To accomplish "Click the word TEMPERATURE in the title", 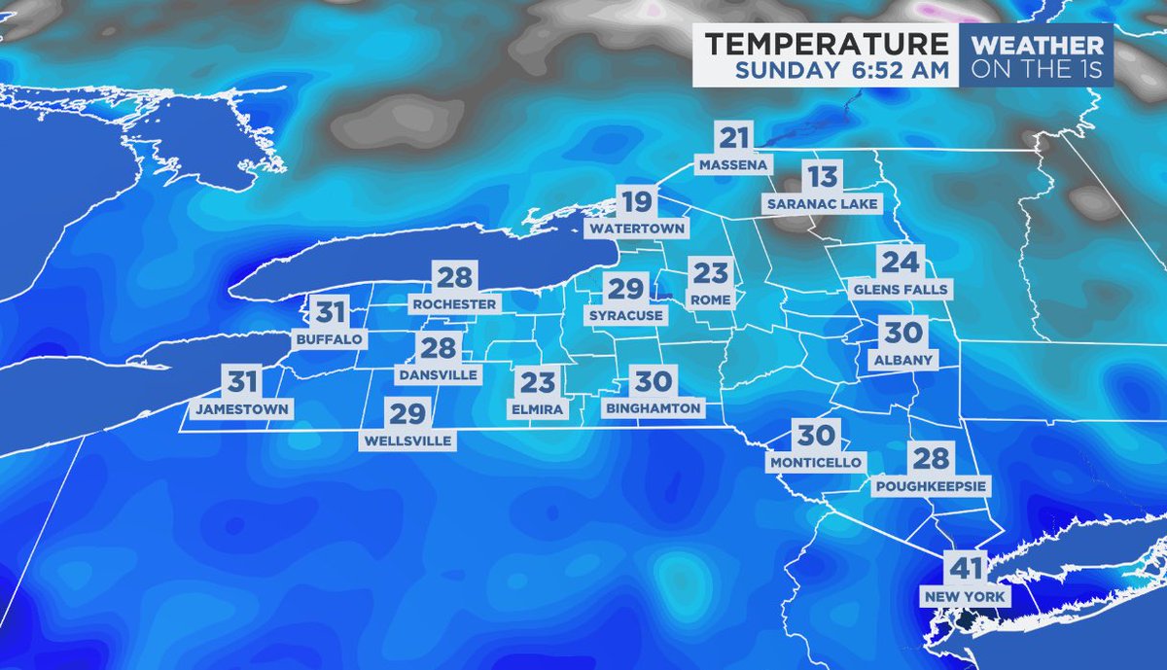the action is (826, 44).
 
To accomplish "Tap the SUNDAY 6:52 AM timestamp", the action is (841, 70).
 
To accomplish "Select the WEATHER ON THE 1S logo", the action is (1037, 56).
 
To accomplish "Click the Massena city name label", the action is (735, 165).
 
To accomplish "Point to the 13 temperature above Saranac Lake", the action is (822, 177).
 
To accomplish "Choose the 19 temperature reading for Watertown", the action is (637, 203).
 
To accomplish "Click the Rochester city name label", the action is (454, 304).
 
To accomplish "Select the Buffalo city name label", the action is (328, 339).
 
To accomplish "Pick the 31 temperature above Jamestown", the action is (242, 382).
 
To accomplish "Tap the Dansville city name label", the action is (439, 374).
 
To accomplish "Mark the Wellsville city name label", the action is (407, 441).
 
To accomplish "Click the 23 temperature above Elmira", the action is (537, 382).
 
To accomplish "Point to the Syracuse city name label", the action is (626, 316).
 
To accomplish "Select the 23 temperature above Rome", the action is (710, 271).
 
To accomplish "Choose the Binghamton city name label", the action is (654, 408).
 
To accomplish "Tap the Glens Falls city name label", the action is (900, 290).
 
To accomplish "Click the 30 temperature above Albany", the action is (902, 333).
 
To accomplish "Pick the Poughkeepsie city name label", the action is (931, 485).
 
